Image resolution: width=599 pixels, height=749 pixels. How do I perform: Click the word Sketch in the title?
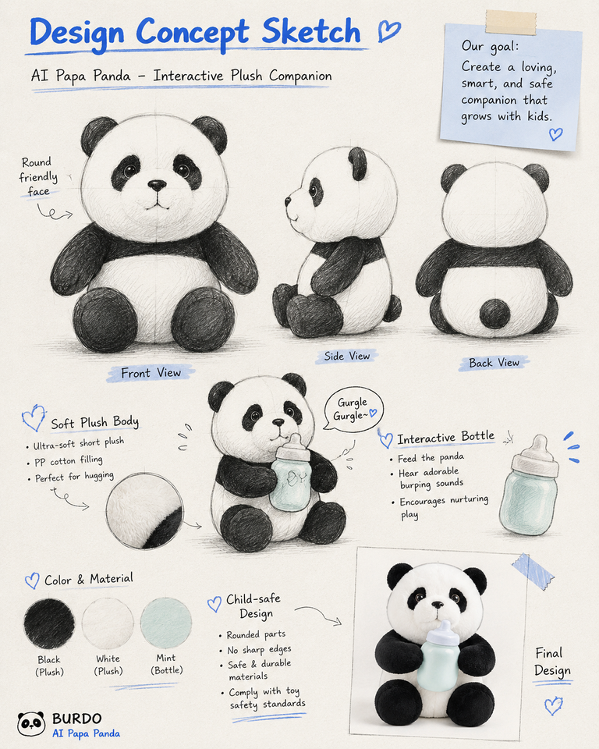(311, 32)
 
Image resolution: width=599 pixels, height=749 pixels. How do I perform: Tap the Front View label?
(151, 373)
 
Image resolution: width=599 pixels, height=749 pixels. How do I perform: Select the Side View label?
(347, 356)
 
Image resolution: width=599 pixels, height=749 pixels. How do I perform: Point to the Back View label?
(494, 363)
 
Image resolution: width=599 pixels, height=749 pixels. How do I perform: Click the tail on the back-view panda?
(494, 314)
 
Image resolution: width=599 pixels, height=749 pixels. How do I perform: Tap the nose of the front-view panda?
(157, 185)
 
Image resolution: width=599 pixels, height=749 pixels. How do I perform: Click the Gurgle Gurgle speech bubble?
(354, 410)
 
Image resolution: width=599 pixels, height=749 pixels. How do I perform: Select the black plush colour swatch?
(49, 623)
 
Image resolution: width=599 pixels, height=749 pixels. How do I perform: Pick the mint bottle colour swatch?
(166, 623)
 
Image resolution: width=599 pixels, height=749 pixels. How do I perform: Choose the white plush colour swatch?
(108, 623)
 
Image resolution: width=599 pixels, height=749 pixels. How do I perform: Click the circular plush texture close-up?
(144, 510)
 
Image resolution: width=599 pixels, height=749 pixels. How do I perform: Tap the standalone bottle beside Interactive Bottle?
(529, 485)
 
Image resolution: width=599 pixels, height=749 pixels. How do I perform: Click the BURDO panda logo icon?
(31, 723)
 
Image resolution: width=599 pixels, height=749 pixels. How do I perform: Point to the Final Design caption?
(552, 662)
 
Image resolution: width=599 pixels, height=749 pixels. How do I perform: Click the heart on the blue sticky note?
(555, 134)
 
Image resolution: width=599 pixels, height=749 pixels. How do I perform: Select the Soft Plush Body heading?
(94, 422)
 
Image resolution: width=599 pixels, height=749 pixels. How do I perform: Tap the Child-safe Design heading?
(253, 605)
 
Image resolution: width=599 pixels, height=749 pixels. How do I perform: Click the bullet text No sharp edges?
(259, 650)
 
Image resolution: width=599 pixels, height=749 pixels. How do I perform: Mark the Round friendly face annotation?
(37, 177)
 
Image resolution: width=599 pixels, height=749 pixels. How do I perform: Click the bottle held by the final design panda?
(438, 655)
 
